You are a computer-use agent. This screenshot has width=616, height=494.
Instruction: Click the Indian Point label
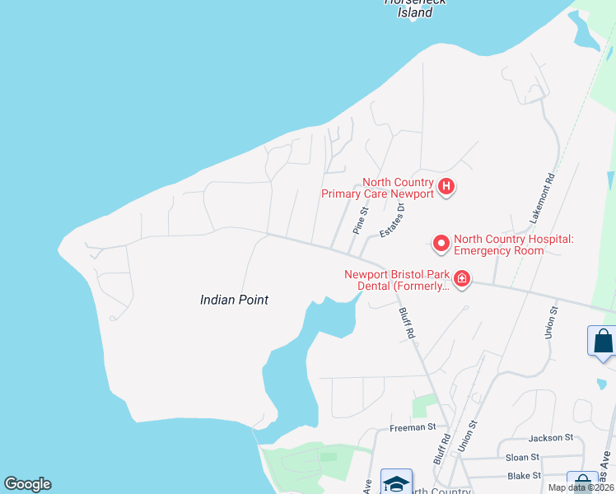pyautogui.click(x=234, y=300)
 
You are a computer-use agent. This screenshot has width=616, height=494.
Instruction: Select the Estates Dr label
pyautogui.click(x=394, y=221)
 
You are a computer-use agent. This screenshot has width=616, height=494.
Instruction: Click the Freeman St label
pyautogui.click(x=412, y=427)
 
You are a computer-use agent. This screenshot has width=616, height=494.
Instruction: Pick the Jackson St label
pyautogui.click(x=550, y=437)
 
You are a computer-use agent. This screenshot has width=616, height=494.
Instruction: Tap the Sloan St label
pyautogui.click(x=523, y=457)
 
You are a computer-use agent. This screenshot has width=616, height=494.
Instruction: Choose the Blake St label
pyautogui.click(x=524, y=476)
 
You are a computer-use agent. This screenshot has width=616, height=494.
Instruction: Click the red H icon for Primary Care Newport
pyautogui.click(x=446, y=187)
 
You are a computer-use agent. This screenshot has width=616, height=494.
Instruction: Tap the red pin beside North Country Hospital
pyautogui.click(x=441, y=243)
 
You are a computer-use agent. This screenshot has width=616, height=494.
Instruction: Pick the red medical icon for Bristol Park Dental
pyautogui.click(x=461, y=279)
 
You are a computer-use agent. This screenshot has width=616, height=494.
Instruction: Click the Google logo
pyautogui.click(x=27, y=484)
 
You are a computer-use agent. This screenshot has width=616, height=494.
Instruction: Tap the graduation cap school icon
pyautogui.click(x=396, y=484)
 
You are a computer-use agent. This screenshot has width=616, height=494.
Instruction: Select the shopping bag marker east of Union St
pyautogui.click(x=602, y=340)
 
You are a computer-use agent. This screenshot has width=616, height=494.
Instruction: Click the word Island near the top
pyautogui.click(x=415, y=12)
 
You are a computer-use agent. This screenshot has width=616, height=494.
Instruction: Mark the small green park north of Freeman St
pyautogui.click(x=424, y=405)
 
